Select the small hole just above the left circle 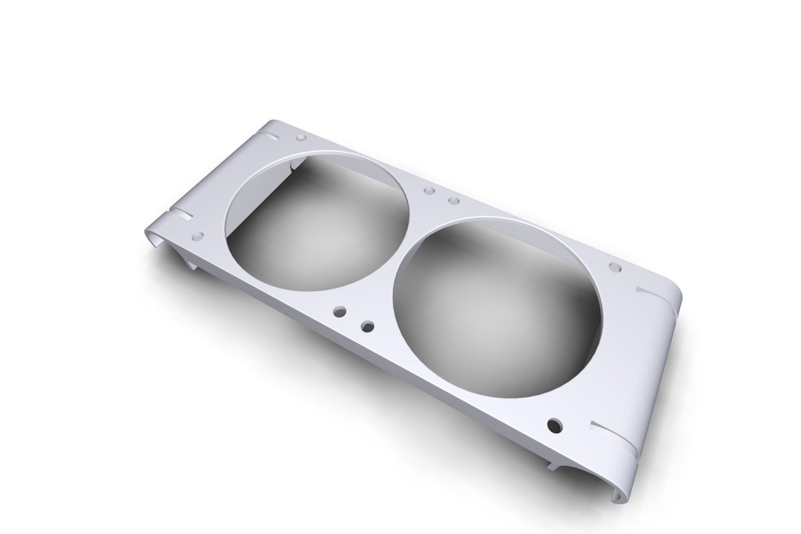(x=301, y=138)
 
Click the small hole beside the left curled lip (x=198, y=237)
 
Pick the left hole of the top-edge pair (x=429, y=191)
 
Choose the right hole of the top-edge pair (x=454, y=201)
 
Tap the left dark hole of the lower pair (x=340, y=312)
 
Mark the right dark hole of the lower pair (x=366, y=326)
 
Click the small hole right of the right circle (x=615, y=267)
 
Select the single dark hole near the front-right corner (x=554, y=425)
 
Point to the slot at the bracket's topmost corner (x=271, y=135)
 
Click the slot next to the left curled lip (x=180, y=214)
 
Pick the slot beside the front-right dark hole (x=613, y=437)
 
